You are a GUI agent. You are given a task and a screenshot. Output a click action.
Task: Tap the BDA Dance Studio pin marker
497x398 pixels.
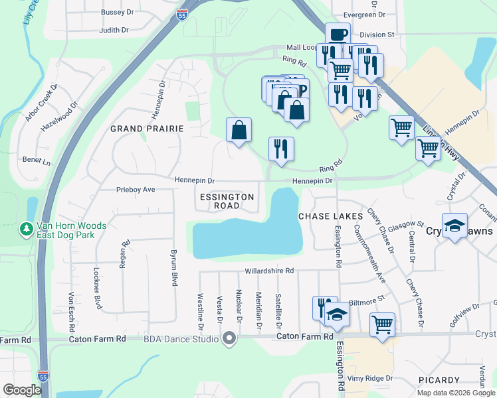tap(230, 339)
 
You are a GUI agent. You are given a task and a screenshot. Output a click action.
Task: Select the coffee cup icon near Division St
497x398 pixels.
tap(338, 34)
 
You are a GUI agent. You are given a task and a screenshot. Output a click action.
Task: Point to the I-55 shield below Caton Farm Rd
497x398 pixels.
tap(43, 377)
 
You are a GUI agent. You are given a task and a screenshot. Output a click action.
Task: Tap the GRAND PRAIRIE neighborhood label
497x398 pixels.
tap(146, 128)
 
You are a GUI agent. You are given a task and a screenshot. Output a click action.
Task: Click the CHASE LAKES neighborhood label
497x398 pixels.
tap(330, 216)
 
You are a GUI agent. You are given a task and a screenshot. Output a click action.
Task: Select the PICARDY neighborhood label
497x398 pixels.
tap(439, 380)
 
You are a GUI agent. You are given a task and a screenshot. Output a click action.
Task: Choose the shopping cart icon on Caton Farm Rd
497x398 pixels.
tap(382, 324)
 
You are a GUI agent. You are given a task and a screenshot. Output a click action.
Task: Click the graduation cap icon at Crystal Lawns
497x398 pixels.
tap(455, 226)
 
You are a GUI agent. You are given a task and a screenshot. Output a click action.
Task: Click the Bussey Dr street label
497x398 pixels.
tap(117, 13)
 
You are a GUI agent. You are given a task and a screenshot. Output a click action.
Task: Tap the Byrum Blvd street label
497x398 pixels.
tap(175, 272)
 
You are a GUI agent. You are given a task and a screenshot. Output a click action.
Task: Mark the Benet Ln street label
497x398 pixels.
tap(37, 161)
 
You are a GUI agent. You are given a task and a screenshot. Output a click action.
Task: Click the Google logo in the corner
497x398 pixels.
tap(22, 390)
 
